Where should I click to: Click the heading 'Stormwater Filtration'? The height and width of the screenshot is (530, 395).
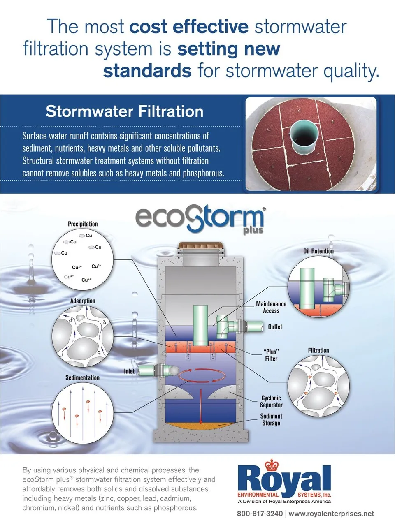pyautogui.click(x=124, y=111)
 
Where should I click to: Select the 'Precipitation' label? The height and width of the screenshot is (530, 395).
pyautogui.click(x=83, y=224)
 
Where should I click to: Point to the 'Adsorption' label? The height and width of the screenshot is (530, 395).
pyautogui.click(x=83, y=301)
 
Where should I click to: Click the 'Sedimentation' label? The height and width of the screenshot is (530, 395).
pyautogui.click(x=82, y=377)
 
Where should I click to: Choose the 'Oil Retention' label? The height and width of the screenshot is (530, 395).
pyautogui.click(x=318, y=251)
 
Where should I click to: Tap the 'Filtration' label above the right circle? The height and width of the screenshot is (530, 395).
pyautogui.click(x=318, y=350)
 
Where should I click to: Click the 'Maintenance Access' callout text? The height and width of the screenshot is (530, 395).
pyautogui.click(x=271, y=307)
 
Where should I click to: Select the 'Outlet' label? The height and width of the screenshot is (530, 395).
pyautogui.click(x=275, y=326)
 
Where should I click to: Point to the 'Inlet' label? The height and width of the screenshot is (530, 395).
pyautogui.click(x=129, y=371)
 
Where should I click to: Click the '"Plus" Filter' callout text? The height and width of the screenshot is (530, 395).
pyautogui.click(x=271, y=355)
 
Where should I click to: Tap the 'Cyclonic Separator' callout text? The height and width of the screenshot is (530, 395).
pyautogui.click(x=271, y=401)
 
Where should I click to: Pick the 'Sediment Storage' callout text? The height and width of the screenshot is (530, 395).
pyautogui.click(x=271, y=419)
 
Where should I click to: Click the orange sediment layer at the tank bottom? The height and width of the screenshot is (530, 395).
pyautogui.click(x=201, y=426)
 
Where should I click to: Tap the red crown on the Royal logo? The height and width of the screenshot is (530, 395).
pyautogui.click(x=272, y=465)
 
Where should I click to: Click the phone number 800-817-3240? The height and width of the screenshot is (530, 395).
pyautogui.click(x=260, y=514)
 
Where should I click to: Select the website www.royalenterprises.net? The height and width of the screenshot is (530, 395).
pyautogui.click(x=331, y=514)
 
